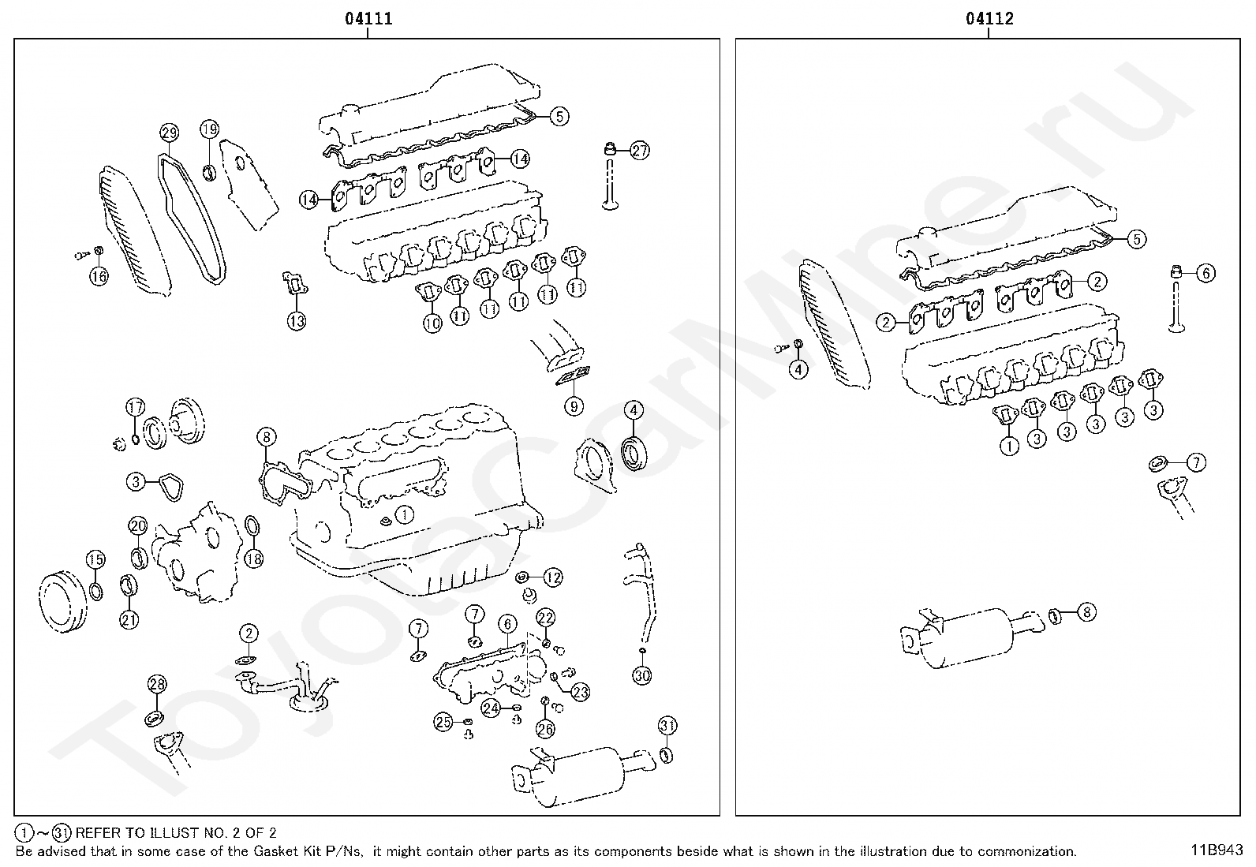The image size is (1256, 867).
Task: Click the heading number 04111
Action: click(368, 18)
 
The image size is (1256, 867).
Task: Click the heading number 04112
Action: click(989, 18)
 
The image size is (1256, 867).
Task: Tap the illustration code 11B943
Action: click(1217, 850)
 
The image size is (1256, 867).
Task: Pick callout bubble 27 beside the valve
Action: click(640, 151)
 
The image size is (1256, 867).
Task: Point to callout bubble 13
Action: click(296, 321)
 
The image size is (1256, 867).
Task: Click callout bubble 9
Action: click(574, 406)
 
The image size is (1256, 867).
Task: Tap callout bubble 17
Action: click(136, 408)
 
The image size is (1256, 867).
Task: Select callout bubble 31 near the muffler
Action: click(667, 725)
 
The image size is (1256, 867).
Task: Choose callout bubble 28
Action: click(157, 684)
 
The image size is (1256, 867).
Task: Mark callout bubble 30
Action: click(642, 675)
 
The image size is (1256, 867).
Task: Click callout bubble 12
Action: click(552, 577)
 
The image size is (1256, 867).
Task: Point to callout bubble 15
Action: click(95, 559)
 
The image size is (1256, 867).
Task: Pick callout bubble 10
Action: click(432, 323)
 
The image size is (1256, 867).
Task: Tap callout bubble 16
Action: click(98, 276)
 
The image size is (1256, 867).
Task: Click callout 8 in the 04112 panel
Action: click(1086, 611)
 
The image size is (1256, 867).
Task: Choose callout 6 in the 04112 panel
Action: click(1206, 273)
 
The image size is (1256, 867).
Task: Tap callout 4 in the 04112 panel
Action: click(798, 368)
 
